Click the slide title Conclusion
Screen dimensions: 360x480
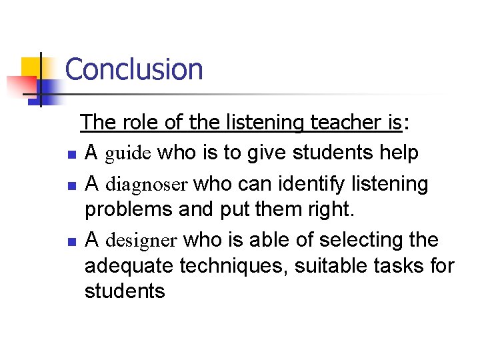(133, 69)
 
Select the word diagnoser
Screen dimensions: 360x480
(147, 183)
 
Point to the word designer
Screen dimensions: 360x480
(141, 240)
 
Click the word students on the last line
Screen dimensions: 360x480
(124, 291)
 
